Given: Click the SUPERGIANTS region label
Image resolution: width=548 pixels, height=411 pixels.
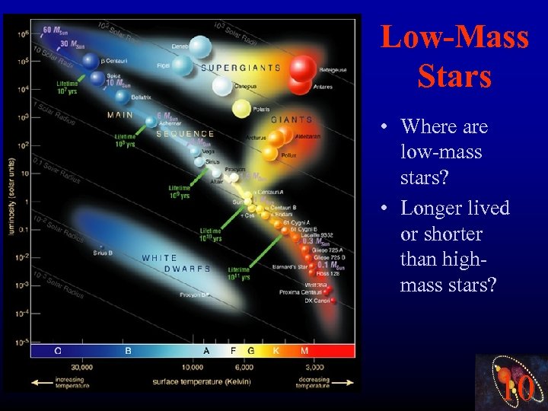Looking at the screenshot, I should click(x=241, y=68).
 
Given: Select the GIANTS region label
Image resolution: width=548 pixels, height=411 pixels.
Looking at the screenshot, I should click(x=292, y=119).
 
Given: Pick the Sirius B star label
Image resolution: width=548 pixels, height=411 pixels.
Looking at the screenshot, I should click(x=104, y=252).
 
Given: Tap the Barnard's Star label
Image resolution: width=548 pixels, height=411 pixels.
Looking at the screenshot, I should click(x=290, y=266).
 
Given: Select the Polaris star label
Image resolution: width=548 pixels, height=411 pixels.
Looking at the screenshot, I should click(x=261, y=110).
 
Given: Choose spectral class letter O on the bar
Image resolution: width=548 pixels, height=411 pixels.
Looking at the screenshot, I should click(x=58, y=351).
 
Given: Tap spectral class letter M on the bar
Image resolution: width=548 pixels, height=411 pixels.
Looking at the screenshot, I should click(x=304, y=351).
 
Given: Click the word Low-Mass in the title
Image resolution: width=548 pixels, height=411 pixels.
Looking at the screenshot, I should click(x=454, y=38).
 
